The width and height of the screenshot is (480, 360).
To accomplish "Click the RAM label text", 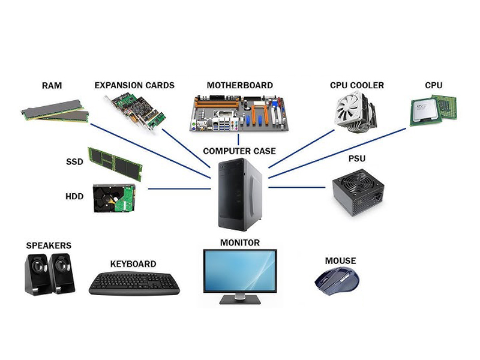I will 52,86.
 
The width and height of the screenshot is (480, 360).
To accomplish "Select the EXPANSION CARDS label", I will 134,85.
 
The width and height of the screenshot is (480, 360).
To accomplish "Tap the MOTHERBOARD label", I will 239,85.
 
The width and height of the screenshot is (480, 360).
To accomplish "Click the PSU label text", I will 357,159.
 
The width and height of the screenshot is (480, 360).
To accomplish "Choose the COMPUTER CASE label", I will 239,151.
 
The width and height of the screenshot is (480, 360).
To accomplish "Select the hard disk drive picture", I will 113,198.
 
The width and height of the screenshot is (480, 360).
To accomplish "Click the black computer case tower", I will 239,195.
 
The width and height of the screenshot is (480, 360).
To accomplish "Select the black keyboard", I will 134,283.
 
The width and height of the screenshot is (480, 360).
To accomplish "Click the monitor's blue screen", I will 240,270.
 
